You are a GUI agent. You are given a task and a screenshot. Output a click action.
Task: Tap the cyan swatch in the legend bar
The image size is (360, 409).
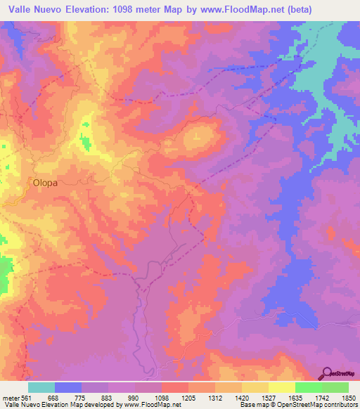pos(41,387)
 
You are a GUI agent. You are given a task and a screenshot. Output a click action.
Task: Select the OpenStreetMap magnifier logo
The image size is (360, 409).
pos(328,373)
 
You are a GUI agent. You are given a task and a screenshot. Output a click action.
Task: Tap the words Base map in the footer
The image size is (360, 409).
pos(252,405)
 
